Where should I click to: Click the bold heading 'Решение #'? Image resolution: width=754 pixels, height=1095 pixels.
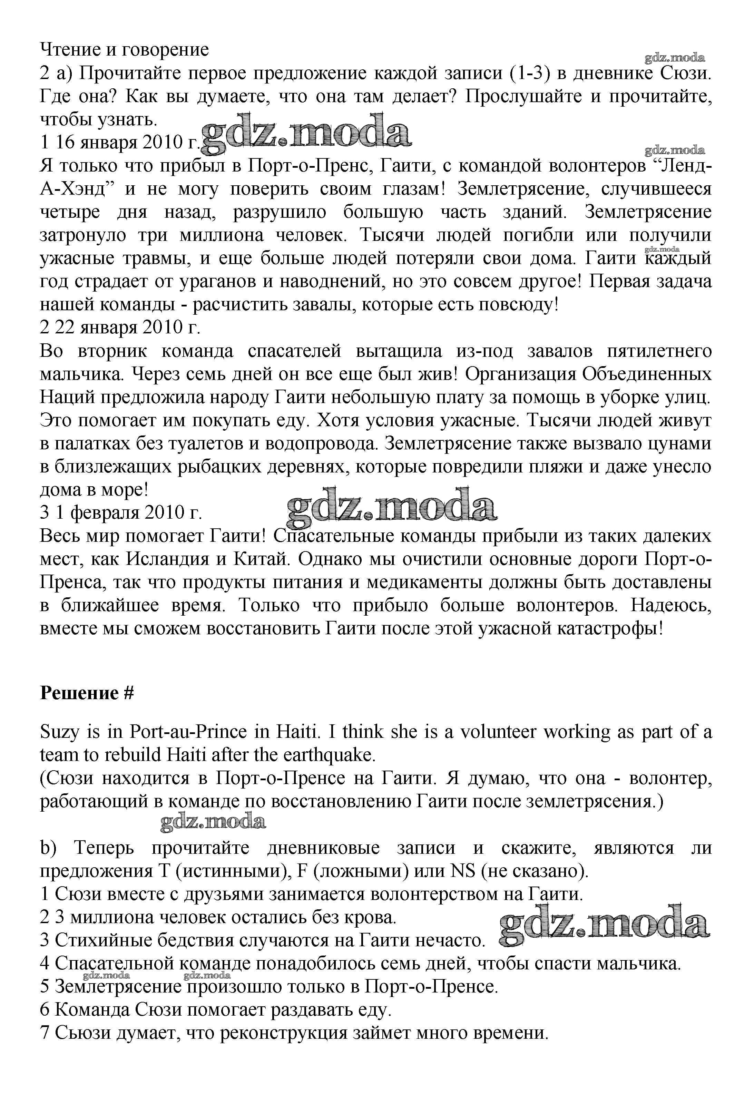coord(87,693)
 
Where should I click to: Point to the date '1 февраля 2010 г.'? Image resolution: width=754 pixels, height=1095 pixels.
coord(128,512)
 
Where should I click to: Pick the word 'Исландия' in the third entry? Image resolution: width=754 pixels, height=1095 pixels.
coord(168,559)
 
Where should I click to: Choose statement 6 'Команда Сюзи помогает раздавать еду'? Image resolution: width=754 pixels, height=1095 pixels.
coord(216,1010)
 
